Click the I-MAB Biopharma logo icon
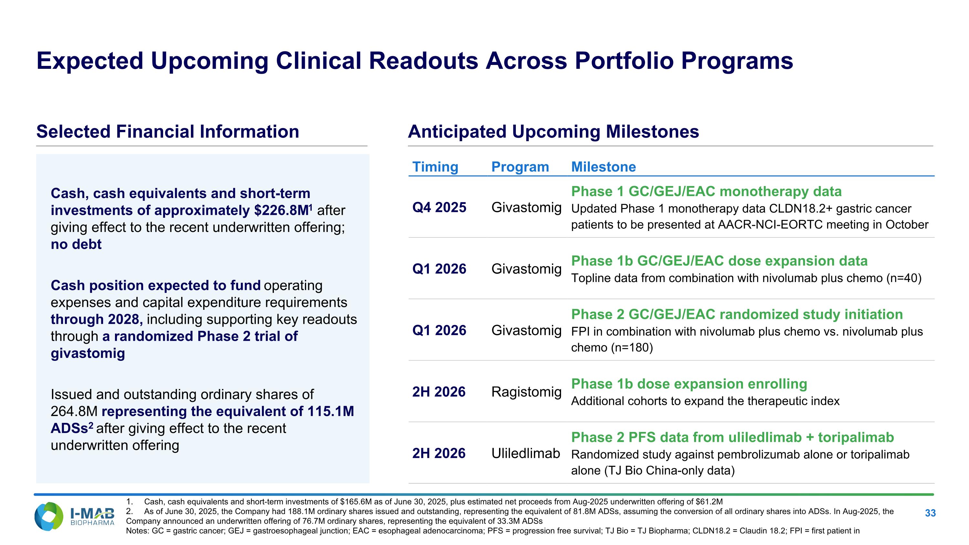49,517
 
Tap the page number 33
930,513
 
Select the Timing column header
435,167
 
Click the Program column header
520,167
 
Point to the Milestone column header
603,167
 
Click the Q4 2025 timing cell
439,207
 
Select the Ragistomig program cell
526,392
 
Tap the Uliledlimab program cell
526,453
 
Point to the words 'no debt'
76,244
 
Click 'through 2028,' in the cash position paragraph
97,319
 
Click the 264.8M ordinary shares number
74,411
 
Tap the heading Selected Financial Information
167,131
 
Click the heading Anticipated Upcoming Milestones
553,131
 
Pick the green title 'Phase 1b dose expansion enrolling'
689,384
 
